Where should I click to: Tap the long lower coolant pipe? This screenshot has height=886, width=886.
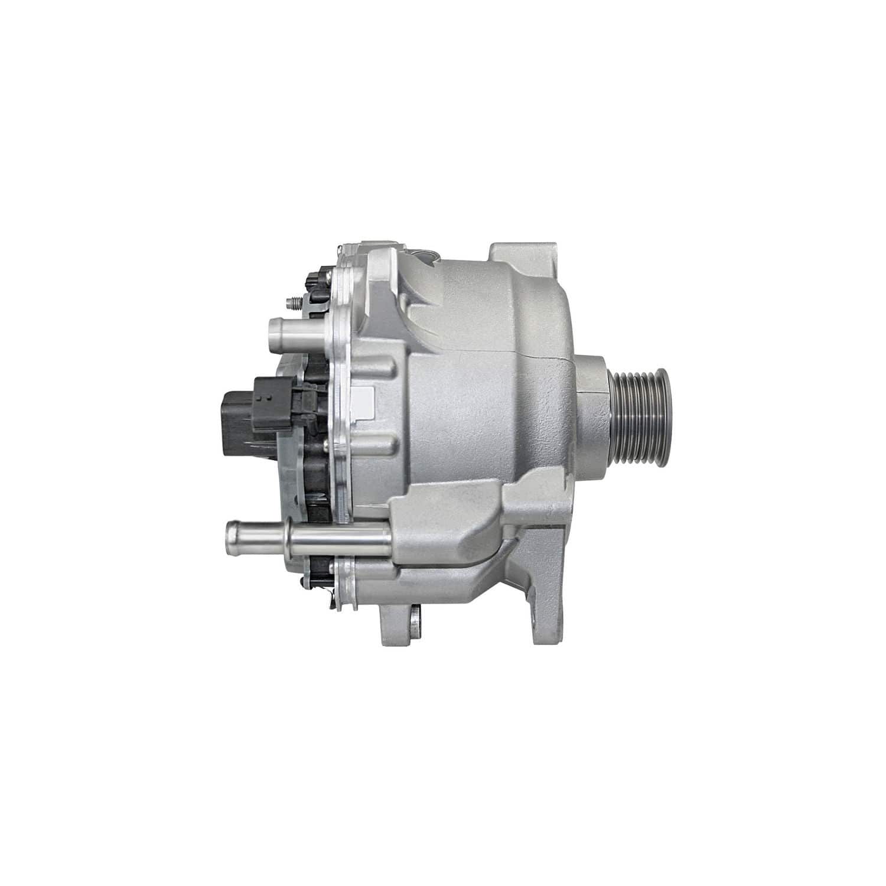point(307,536)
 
